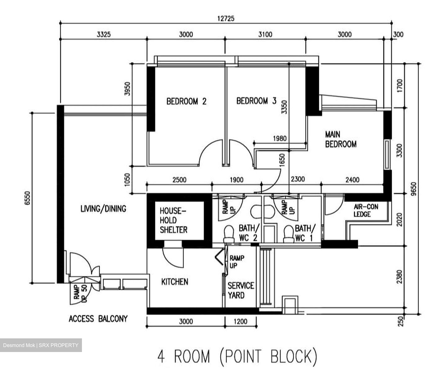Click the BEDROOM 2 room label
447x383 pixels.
(x=187, y=101)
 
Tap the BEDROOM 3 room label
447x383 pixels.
(x=256, y=101)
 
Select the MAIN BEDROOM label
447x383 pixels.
(x=341, y=139)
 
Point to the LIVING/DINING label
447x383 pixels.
(x=103, y=209)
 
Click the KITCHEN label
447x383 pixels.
(x=175, y=282)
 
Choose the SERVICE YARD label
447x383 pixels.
(x=241, y=290)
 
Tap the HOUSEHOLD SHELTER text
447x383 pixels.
(x=174, y=220)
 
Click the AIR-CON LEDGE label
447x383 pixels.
(x=366, y=210)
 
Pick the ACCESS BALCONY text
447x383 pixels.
(x=98, y=319)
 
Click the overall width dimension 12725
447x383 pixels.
(x=226, y=19)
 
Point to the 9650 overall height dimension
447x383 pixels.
(x=413, y=189)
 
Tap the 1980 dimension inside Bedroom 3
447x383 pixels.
(x=280, y=139)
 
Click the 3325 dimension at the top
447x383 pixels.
(x=104, y=34)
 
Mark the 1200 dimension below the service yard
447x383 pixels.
(x=241, y=321)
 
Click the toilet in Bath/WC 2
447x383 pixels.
(x=229, y=234)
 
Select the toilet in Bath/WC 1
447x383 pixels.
(x=289, y=234)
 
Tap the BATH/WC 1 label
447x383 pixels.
(x=305, y=233)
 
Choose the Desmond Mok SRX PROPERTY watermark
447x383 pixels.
(x=41, y=345)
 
